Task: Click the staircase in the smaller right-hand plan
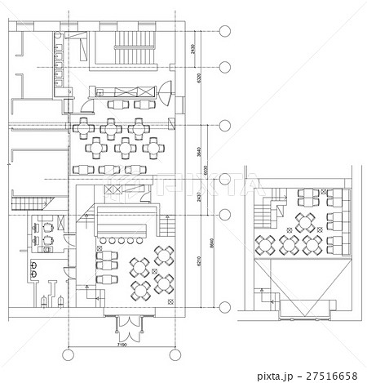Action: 262,215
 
